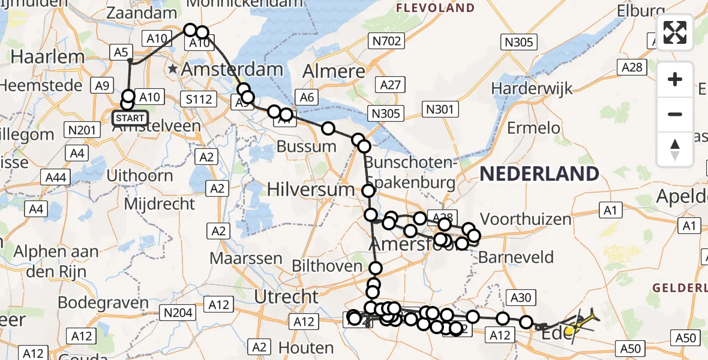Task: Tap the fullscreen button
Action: pos(675,32)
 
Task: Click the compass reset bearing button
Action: pos(675,149)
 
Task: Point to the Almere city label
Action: pos(334,72)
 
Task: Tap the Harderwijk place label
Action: pos(532,88)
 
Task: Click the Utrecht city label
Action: pos(287,296)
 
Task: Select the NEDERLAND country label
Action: pos(539,174)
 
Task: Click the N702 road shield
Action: pos(386,41)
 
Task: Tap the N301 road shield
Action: pos(440,109)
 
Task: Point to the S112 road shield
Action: pos(199,99)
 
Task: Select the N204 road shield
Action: pos(178,312)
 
